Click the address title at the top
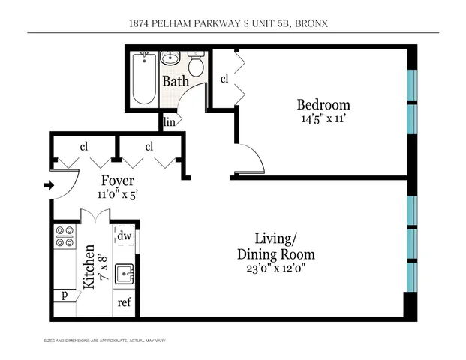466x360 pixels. (233, 24)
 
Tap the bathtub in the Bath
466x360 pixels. (143, 79)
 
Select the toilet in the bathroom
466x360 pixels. (196, 66)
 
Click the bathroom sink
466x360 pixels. (170, 58)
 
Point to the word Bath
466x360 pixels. (176, 81)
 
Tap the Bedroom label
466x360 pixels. (323, 104)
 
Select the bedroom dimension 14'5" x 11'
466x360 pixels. (323, 118)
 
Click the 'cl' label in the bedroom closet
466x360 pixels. (224, 77)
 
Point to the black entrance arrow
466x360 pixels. (50, 185)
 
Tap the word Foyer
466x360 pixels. (118, 181)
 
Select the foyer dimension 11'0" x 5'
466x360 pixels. (118, 194)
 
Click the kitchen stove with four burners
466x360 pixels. (65, 238)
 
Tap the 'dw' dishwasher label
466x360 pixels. (125, 236)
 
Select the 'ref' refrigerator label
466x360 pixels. (125, 304)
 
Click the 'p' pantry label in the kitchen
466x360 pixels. (65, 295)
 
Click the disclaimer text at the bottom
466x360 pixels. (105, 341)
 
